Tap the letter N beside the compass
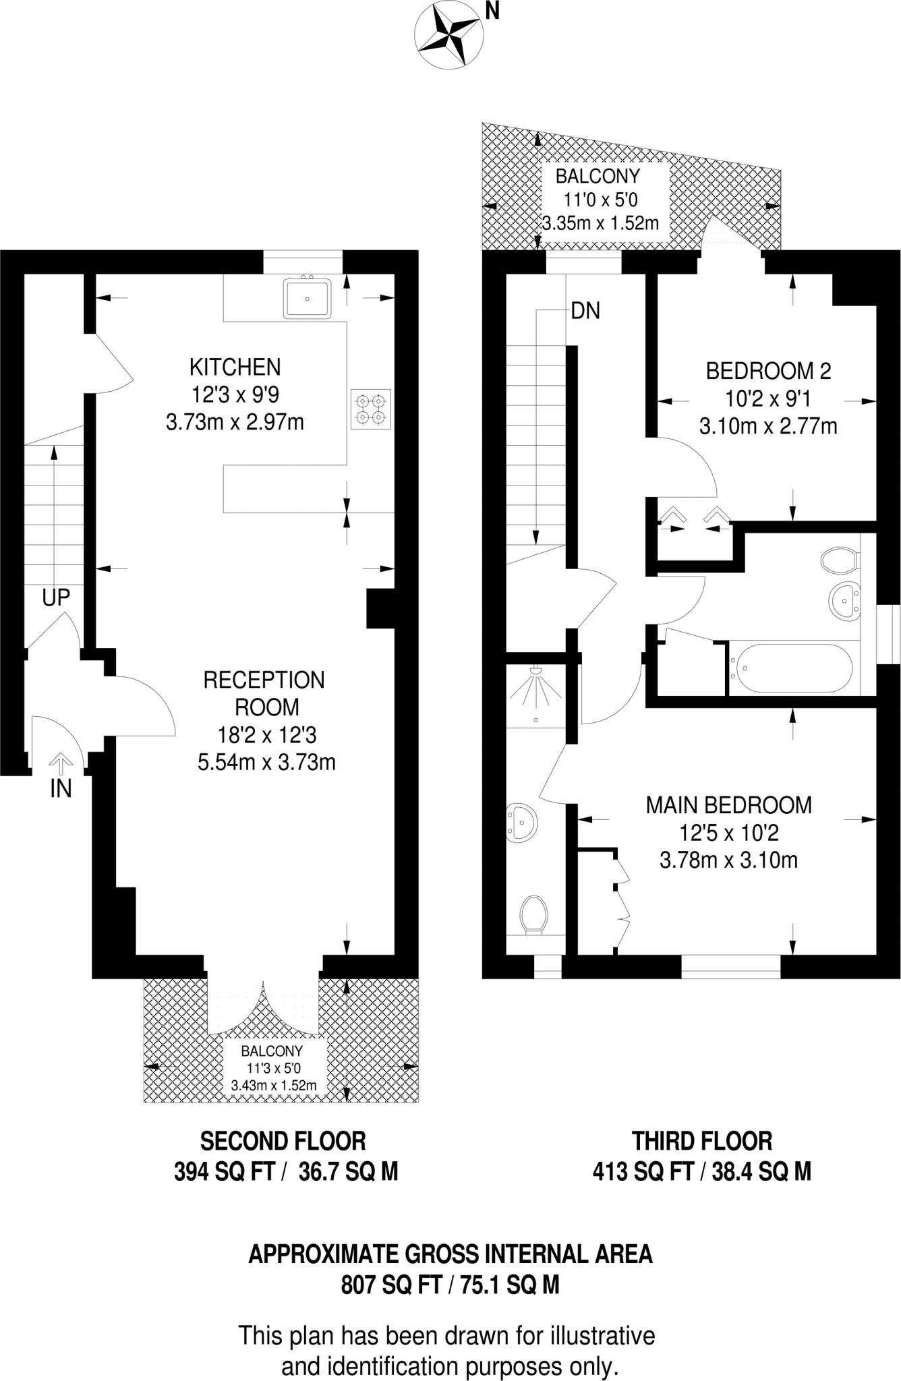tap(492, 11)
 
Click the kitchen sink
tap(308, 298)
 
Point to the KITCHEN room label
tap(235, 368)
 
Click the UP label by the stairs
tap(56, 597)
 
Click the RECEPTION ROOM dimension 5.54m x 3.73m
tap(266, 762)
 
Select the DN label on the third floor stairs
tap(585, 311)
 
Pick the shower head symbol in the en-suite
tap(536, 672)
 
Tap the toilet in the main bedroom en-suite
tap(533, 914)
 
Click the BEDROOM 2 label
tap(768, 370)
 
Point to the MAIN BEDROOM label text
tap(728, 804)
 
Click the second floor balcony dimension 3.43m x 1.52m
tap(273, 1086)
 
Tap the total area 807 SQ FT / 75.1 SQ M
tap(450, 1285)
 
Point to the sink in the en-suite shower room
tap(522, 822)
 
